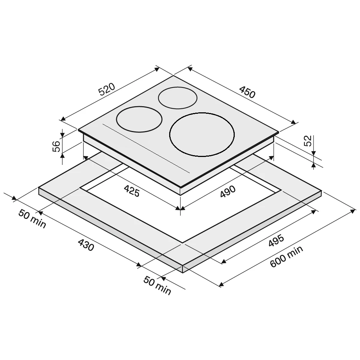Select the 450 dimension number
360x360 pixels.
(x=247, y=92)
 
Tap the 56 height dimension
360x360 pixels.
(x=56, y=146)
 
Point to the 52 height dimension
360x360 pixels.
(x=308, y=141)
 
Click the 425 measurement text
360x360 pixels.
(x=131, y=191)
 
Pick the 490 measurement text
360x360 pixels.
(x=228, y=192)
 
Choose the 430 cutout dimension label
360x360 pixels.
(x=86, y=245)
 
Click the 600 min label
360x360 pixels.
(x=286, y=256)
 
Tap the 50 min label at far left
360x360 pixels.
(x=32, y=219)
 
